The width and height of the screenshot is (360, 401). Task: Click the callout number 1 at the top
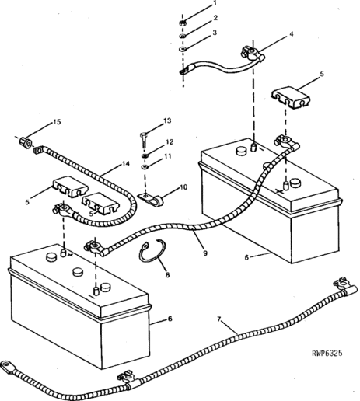(215, 3)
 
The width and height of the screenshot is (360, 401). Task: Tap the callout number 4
(292, 34)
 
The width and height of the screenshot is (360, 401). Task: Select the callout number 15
(57, 122)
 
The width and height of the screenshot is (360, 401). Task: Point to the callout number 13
(167, 120)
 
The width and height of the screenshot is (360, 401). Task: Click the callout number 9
(205, 253)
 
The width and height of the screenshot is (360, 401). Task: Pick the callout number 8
(167, 274)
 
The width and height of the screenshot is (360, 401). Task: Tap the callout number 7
(219, 319)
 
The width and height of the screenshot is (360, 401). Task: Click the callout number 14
(126, 164)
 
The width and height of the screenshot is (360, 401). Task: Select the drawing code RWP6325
(327, 353)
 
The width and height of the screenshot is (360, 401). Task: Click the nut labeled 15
(26, 142)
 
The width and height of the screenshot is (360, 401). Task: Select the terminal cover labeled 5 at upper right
(291, 98)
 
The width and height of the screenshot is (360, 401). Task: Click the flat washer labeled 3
(183, 49)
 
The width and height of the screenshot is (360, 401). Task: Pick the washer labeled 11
(145, 167)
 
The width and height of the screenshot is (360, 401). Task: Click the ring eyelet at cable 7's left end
(6, 366)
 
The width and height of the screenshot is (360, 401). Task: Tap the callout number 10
(183, 187)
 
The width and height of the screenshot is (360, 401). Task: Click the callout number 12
(170, 142)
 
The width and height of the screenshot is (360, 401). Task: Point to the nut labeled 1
(183, 23)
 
